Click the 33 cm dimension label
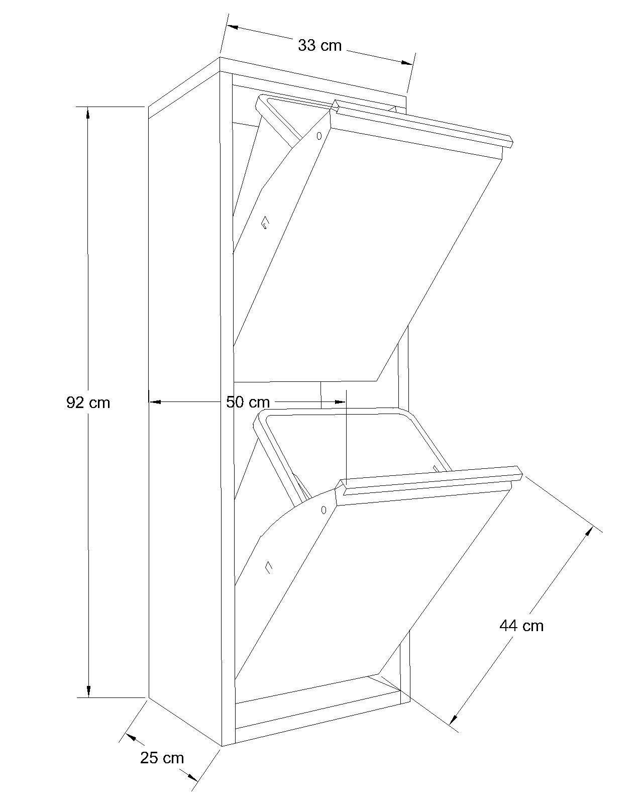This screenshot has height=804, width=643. point(319,46)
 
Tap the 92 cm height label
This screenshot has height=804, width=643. point(88,403)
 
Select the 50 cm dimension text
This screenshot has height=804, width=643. point(248,402)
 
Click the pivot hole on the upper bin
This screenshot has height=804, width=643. point(319,136)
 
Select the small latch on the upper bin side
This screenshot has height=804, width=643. point(265,223)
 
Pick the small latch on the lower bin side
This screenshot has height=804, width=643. point(268,567)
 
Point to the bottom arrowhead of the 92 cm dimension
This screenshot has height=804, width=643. point(88,690)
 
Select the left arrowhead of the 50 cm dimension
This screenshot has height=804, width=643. point(155,402)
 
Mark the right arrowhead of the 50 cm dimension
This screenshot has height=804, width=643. point(340,402)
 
